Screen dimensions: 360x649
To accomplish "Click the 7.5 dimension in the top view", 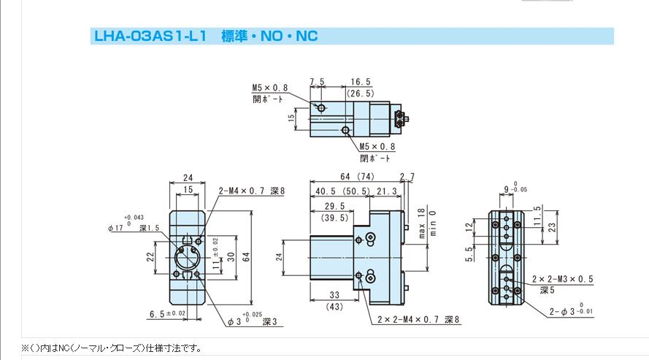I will [316, 81].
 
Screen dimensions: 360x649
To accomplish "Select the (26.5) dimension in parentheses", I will [360, 93].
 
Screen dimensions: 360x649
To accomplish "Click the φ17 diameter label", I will [116, 229].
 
